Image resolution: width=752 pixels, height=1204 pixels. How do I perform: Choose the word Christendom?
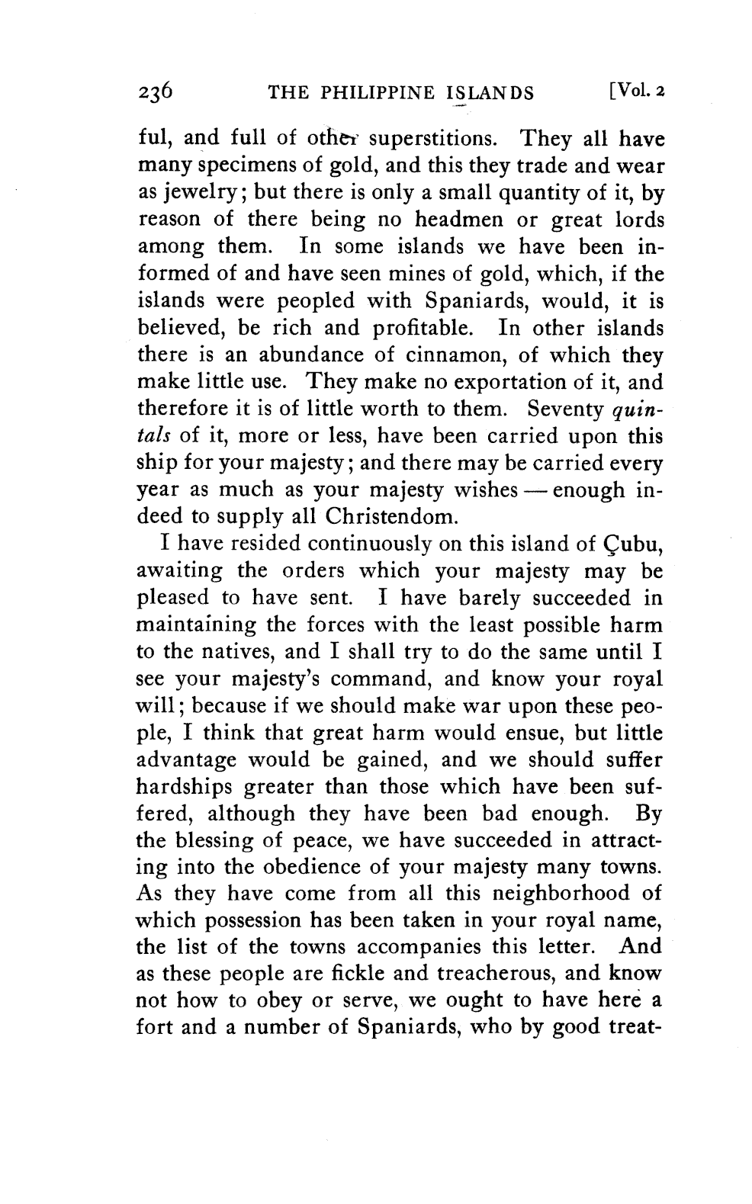[x=391, y=519]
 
